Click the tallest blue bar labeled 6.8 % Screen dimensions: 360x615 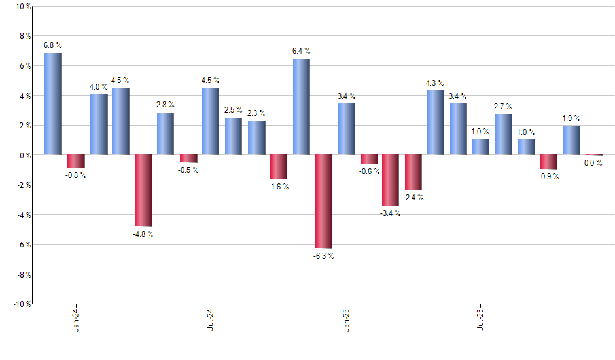(53, 104)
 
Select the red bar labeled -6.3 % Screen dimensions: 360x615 (324, 202)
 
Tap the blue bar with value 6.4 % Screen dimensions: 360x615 (302, 107)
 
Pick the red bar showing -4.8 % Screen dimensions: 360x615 (143, 190)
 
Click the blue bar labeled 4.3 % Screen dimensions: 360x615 (436, 122)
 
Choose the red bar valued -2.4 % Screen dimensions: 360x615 (413, 172)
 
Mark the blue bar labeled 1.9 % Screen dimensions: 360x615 (572, 141)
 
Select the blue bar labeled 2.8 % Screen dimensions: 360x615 (166, 134)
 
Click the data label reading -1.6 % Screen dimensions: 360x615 (279, 187)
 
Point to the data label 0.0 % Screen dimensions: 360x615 (593, 163)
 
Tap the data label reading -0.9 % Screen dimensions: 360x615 (549, 177)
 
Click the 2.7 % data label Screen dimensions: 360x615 (503, 106)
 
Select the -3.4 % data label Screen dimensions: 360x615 (391, 213)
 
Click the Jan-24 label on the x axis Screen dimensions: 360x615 (77, 319)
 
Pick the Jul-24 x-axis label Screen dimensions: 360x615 (211, 319)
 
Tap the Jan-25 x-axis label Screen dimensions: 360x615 (346, 319)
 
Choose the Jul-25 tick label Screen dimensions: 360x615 (481, 319)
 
